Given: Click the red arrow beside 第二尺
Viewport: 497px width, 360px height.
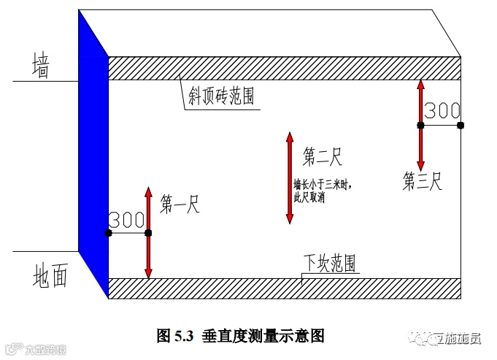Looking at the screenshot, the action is [x=290, y=177].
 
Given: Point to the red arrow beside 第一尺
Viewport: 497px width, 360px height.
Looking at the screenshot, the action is [x=148, y=234].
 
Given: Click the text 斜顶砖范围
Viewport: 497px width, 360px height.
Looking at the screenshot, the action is [x=221, y=96].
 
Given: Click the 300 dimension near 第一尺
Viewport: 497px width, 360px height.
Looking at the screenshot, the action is [x=127, y=220].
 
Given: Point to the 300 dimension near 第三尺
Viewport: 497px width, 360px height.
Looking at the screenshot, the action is [x=442, y=111].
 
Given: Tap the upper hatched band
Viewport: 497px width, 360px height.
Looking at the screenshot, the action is [x=285, y=68].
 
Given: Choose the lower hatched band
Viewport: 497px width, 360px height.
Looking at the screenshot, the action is [x=285, y=288].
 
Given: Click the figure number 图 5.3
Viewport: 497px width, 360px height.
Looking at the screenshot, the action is [x=174, y=336].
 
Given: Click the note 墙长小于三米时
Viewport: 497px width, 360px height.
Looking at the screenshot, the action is [x=322, y=185].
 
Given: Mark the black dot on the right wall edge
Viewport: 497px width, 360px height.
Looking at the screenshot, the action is [x=461, y=125].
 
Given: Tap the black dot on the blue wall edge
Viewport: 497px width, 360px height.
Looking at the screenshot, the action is [x=108, y=233].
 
